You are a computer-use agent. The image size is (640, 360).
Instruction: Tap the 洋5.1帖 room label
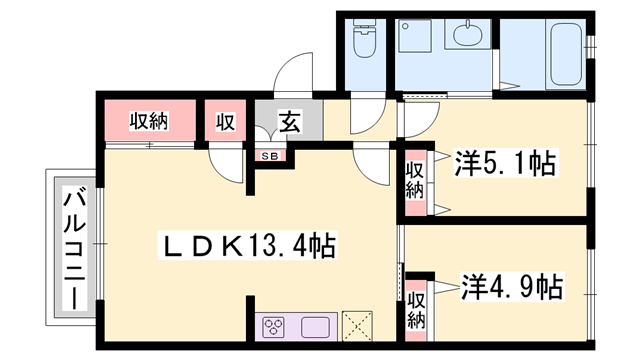pyautogui.click(x=505, y=161)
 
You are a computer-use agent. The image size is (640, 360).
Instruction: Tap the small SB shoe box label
pyautogui.click(x=271, y=155)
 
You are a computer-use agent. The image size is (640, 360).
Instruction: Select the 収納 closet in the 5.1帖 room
pyautogui.click(x=414, y=180)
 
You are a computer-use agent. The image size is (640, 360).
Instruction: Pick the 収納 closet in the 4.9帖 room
pyautogui.click(x=416, y=309)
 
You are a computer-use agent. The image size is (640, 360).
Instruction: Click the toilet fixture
pyautogui.click(x=364, y=40)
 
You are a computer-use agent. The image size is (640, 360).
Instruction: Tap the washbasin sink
pyautogui.click(x=467, y=38)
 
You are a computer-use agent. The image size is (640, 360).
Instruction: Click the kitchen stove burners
pyautogui.click(x=276, y=327)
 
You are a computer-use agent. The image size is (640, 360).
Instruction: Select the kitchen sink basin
pyautogui.click(x=314, y=327)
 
